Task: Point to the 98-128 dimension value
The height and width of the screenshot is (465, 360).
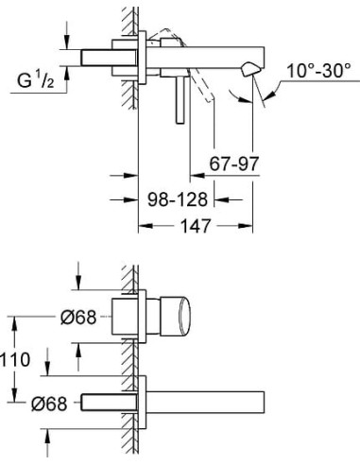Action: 179,199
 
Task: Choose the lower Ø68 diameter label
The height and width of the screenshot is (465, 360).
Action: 46,404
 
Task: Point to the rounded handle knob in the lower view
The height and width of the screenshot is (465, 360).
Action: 179,316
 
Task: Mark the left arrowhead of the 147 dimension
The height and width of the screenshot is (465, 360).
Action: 144,227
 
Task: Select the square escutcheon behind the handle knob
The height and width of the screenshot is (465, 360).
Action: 131,316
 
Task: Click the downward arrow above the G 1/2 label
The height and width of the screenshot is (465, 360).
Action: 66,41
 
